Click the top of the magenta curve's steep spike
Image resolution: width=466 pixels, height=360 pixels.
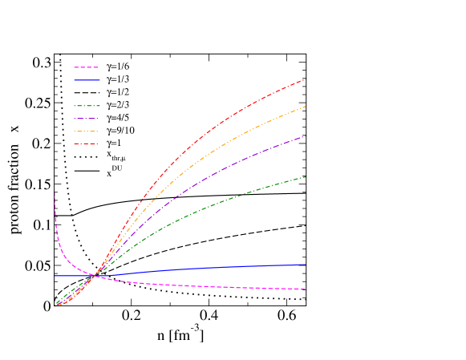55,193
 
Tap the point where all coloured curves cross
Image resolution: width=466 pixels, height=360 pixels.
95,275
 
